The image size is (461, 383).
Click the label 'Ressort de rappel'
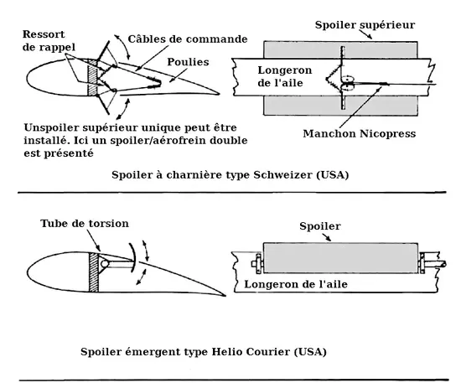(x=49, y=40)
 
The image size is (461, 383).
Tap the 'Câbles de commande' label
(x=188, y=39)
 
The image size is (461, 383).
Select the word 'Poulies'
(x=188, y=62)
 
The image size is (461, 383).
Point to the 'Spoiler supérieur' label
(x=365, y=25)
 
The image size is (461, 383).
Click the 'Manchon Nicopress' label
(x=360, y=134)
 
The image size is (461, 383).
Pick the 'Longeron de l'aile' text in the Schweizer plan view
(x=285, y=76)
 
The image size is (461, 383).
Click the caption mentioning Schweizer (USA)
(x=230, y=175)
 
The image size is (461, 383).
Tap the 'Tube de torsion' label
(x=85, y=224)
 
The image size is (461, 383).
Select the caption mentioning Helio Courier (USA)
(x=204, y=351)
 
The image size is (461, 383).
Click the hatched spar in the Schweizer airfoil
(x=92, y=77)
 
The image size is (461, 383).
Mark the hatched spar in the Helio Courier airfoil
(x=94, y=272)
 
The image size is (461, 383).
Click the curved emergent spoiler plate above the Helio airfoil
(x=134, y=256)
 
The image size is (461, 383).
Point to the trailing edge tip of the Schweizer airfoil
(x=220, y=95)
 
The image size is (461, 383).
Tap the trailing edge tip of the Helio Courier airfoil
(x=225, y=295)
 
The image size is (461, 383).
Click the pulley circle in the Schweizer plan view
(x=348, y=83)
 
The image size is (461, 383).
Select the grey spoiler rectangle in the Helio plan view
(x=340, y=258)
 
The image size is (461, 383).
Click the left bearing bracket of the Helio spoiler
(x=257, y=264)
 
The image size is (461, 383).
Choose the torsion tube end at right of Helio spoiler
(x=443, y=264)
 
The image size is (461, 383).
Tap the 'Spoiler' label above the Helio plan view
(x=320, y=226)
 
